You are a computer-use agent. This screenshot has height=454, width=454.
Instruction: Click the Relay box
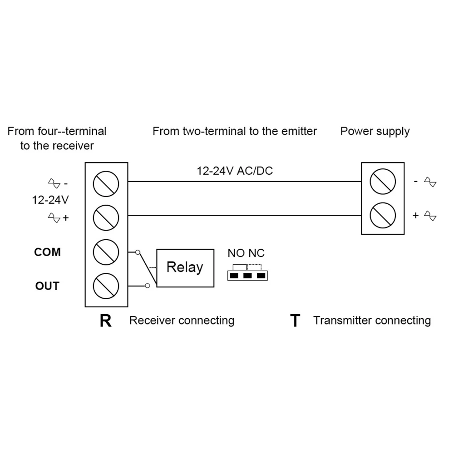(185, 267)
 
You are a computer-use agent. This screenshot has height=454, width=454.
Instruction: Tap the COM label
(47, 252)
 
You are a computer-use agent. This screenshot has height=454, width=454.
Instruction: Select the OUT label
(47, 286)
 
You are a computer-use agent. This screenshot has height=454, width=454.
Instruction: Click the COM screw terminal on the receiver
(106, 252)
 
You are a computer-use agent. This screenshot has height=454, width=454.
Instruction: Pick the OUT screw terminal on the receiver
(106, 286)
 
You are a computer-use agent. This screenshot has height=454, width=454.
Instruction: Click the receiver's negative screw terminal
(106, 183)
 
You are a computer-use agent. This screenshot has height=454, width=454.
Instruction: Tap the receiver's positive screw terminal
(106, 217)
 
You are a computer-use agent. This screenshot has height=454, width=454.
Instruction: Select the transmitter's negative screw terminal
(383, 182)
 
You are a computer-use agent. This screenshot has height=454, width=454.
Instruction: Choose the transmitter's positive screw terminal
(383, 215)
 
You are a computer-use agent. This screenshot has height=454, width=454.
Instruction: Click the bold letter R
(105, 321)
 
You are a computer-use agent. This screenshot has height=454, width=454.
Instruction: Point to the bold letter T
(295, 321)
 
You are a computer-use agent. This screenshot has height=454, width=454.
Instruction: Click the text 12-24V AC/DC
(234, 171)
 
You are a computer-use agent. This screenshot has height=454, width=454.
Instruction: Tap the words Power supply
(375, 132)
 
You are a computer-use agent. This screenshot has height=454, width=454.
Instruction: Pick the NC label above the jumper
(256, 253)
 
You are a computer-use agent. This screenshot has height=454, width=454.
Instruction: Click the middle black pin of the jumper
(247, 276)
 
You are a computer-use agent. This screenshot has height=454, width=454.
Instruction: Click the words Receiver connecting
(182, 321)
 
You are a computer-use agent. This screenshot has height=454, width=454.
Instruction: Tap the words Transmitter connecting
(372, 321)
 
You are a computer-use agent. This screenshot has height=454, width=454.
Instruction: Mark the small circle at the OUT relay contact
(147, 286)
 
